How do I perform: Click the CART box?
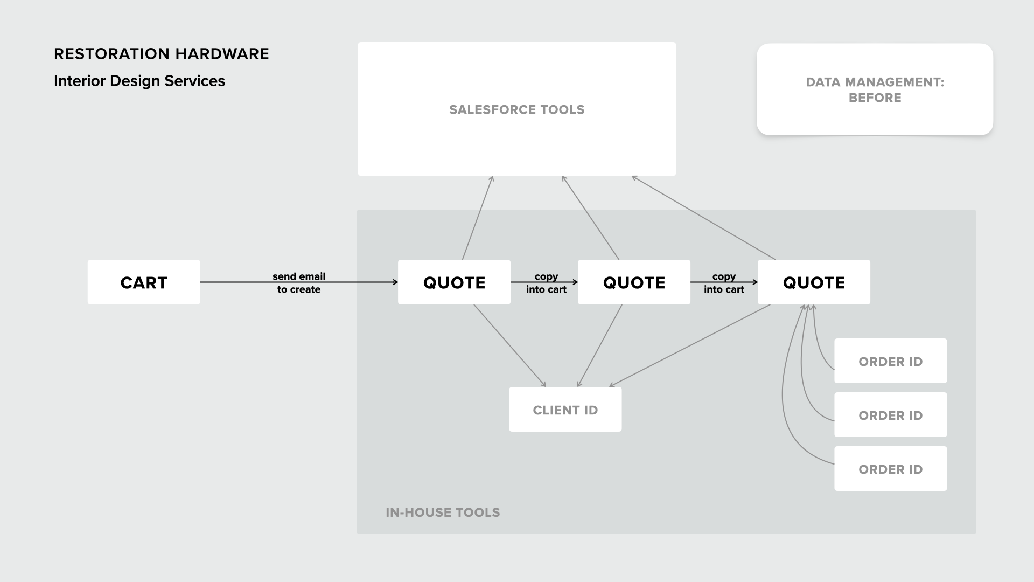click(144, 282)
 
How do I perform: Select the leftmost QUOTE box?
click(454, 282)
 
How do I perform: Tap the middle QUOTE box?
click(634, 282)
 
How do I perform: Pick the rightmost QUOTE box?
click(814, 282)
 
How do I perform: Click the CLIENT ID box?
click(565, 410)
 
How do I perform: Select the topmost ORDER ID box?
click(890, 361)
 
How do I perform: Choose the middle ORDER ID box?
click(890, 415)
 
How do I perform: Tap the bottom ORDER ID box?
click(890, 469)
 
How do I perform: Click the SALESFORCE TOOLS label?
click(516, 109)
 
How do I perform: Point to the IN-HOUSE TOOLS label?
click(443, 512)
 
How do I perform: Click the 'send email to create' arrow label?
click(299, 283)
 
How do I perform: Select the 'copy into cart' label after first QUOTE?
click(546, 283)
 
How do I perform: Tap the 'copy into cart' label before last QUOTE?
click(724, 283)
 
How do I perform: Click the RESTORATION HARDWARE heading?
click(162, 54)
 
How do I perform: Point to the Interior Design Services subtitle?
click(139, 81)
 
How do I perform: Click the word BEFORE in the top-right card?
click(875, 98)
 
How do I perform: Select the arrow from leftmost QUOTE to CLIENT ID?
click(509, 345)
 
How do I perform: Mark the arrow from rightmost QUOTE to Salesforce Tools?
click(703, 218)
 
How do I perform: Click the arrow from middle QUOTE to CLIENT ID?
click(600, 345)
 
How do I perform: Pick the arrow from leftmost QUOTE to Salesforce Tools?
click(478, 218)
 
